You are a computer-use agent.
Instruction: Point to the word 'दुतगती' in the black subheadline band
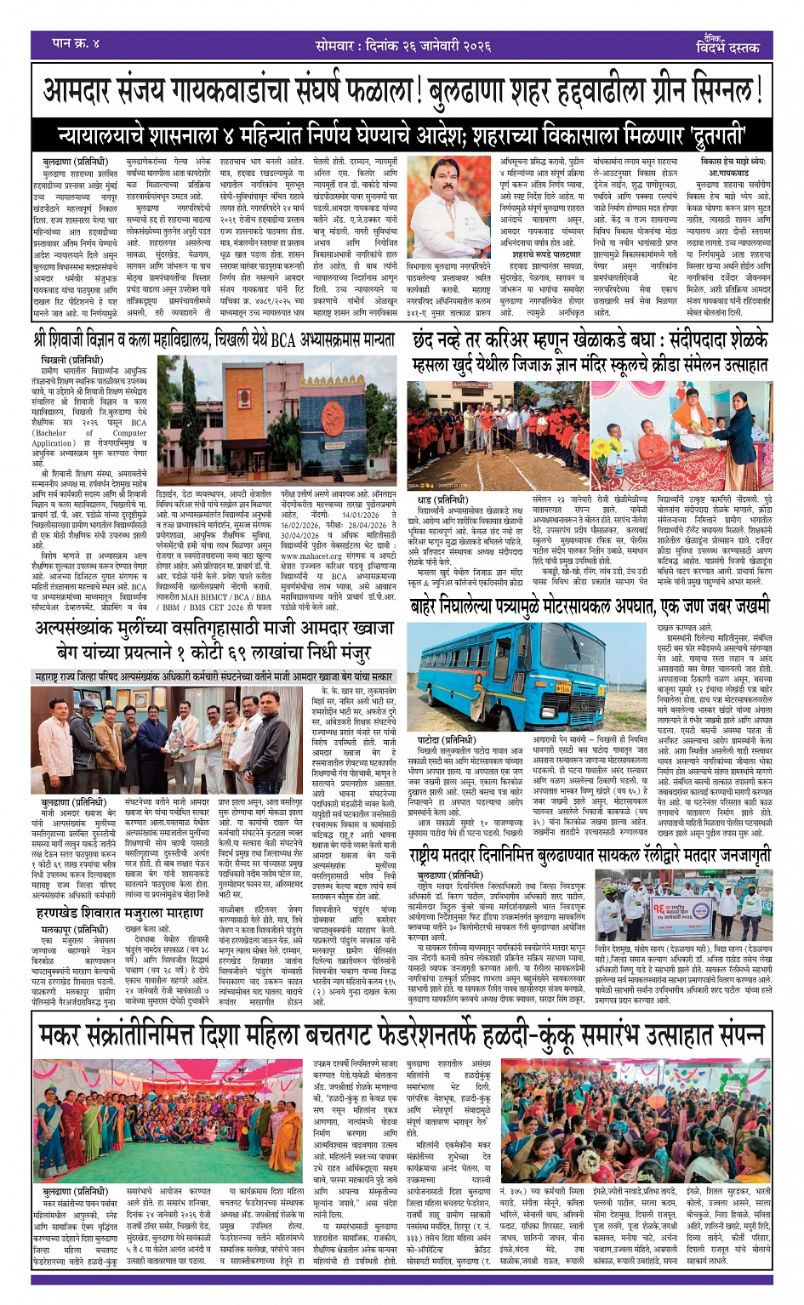point(705,135)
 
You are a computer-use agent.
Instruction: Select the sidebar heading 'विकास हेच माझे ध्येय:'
point(733,161)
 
